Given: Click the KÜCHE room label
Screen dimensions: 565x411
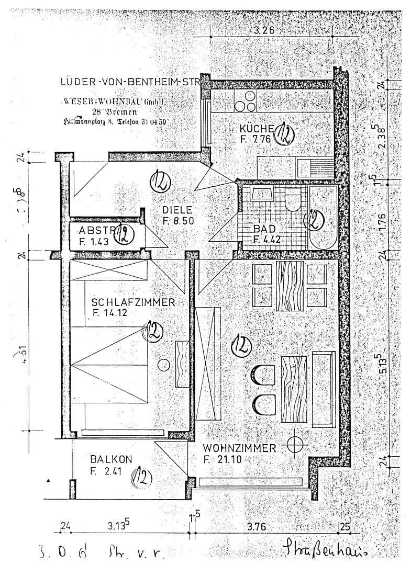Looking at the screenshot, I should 257,129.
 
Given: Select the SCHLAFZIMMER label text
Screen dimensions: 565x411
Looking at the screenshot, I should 133,303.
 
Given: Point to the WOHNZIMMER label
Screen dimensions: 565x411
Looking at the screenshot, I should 240,448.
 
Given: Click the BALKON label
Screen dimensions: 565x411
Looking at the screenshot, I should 110,459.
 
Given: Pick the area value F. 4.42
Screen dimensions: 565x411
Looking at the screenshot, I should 268,240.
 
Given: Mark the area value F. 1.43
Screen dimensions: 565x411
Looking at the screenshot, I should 93,241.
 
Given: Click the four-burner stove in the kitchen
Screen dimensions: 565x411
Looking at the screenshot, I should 246,100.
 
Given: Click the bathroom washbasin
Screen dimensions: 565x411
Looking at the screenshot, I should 261,194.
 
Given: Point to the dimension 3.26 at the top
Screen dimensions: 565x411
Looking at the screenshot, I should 264,30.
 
